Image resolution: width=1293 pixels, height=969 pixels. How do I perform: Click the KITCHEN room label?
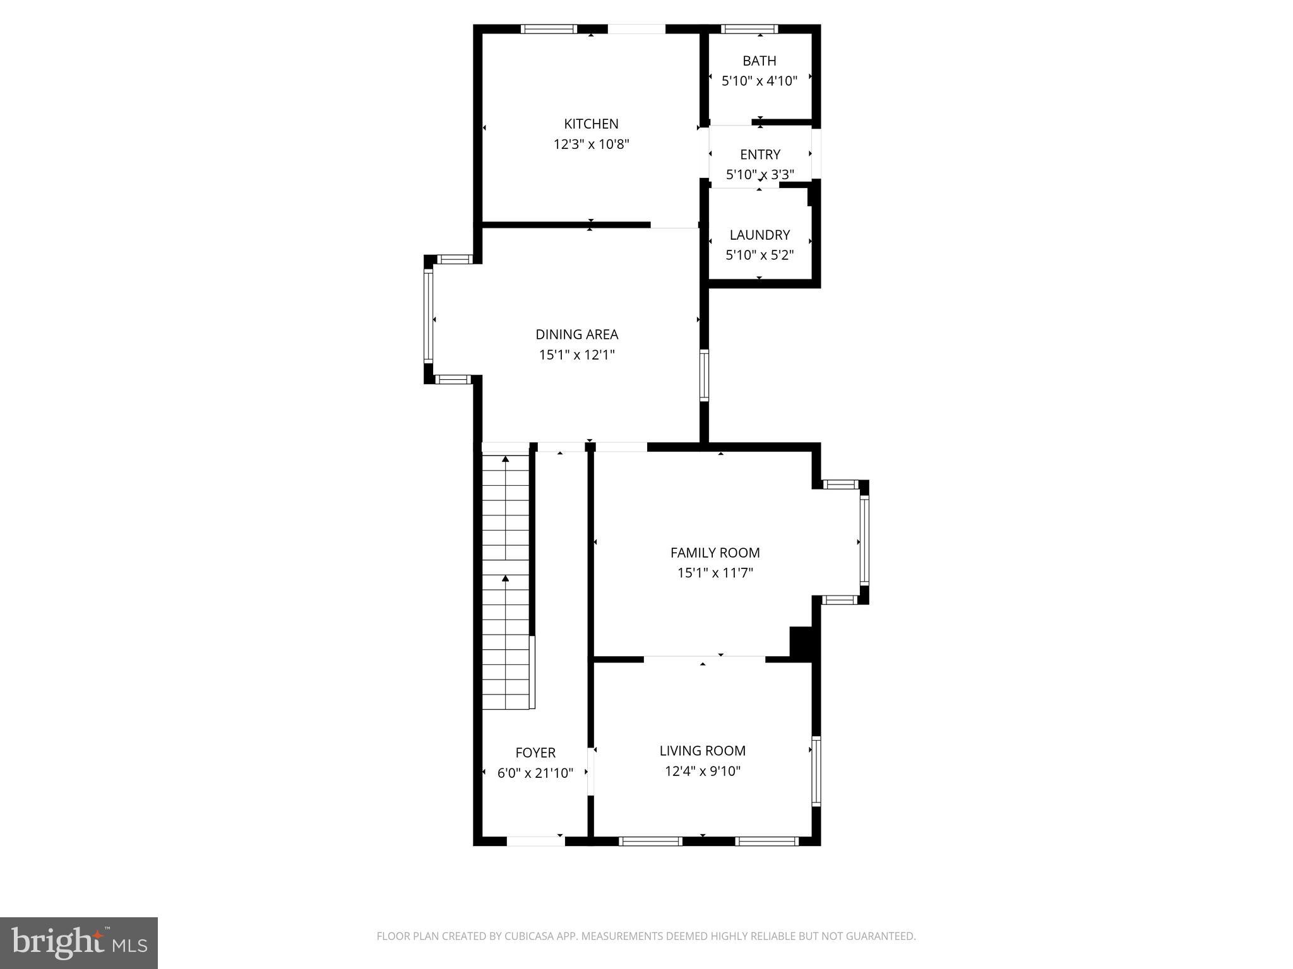click(591, 124)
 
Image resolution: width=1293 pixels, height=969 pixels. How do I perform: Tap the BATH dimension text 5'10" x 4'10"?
click(760, 81)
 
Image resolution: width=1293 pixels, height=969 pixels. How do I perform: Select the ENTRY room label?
click(760, 155)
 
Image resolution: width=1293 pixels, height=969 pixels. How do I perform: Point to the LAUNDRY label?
click(760, 235)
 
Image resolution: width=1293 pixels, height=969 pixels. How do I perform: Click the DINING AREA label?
click(576, 334)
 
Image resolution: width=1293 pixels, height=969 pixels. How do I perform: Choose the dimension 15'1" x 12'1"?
click(576, 355)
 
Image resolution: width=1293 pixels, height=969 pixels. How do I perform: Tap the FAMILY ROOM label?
click(715, 553)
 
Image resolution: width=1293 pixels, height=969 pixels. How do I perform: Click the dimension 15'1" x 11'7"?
click(715, 573)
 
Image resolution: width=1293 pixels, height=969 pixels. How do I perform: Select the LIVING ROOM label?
click(702, 751)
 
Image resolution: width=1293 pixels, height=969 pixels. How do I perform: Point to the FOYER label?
click(535, 753)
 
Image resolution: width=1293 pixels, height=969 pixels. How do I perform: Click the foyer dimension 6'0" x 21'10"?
click(535, 773)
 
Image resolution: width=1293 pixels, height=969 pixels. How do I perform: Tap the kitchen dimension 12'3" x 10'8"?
click(591, 144)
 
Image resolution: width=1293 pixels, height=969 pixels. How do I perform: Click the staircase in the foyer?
click(506, 580)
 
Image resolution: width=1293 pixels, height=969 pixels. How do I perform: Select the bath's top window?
click(749, 28)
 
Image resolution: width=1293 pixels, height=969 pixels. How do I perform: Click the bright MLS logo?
click(78, 943)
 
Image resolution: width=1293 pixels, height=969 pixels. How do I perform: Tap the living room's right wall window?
click(816, 771)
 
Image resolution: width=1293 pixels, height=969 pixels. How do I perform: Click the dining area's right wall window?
click(704, 375)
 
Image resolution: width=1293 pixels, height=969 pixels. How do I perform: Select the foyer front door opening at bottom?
click(535, 841)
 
